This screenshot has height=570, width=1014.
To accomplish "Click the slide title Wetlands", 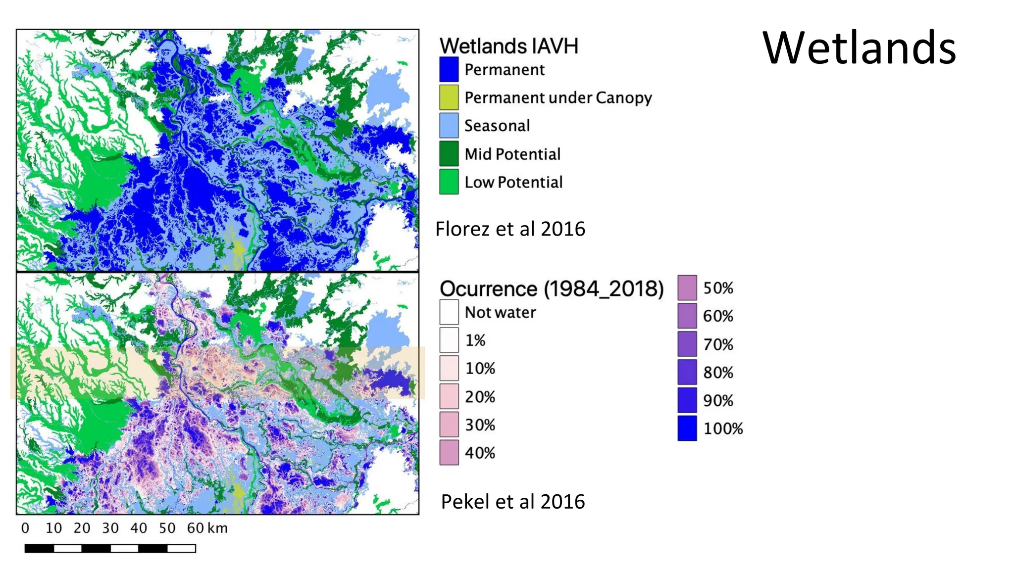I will [859, 48].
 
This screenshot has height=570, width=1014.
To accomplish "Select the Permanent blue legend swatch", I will [449, 70].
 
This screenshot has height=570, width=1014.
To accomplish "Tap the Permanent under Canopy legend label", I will [558, 97].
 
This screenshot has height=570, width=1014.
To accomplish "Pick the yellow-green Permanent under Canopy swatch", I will [449, 97].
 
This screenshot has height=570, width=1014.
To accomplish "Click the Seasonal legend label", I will [497, 126].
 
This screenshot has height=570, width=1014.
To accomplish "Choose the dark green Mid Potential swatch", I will [449, 154].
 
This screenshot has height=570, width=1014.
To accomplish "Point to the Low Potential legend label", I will [513, 182].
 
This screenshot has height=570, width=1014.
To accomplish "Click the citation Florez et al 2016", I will [510, 229].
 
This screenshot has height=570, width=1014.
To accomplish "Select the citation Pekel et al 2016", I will [512, 502].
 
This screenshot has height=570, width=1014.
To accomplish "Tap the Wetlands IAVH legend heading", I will [508, 46].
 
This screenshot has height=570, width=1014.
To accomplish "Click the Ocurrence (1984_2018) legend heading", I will [552, 288].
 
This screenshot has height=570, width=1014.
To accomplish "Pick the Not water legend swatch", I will [449, 312].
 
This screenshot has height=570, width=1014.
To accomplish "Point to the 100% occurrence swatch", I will [687, 428].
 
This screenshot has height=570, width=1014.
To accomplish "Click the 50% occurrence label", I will [718, 288].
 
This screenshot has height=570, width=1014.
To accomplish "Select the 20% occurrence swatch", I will [449, 396].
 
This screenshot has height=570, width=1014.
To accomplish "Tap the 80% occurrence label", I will [718, 373].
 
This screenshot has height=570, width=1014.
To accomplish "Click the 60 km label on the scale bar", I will [207, 528].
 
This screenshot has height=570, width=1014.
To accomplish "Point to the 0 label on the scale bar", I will [25, 528].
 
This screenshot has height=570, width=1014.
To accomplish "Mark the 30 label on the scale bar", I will [110, 528].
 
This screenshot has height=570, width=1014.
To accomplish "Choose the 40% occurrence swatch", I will [449, 453].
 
